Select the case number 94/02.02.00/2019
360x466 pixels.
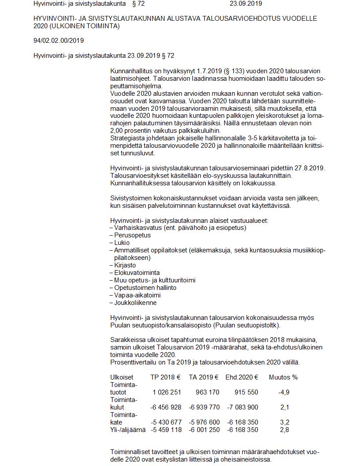[x=58, y=41]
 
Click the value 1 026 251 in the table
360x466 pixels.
[x=167, y=392]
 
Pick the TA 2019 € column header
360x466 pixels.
[x=204, y=377]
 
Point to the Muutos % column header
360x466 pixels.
[x=283, y=377]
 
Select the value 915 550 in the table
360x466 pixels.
[x=244, y=392]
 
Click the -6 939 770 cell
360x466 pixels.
[x=204, y=407]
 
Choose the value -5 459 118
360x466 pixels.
[x=166, y=430]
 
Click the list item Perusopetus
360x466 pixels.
[x=126, y=235]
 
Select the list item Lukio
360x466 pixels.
[x=121, y=243]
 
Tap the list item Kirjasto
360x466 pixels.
[x=124, y=265]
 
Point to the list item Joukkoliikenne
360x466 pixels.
[x=135, y=303]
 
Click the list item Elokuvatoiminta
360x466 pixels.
[x=137, y=273]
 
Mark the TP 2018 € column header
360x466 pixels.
[x=165, y=377]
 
